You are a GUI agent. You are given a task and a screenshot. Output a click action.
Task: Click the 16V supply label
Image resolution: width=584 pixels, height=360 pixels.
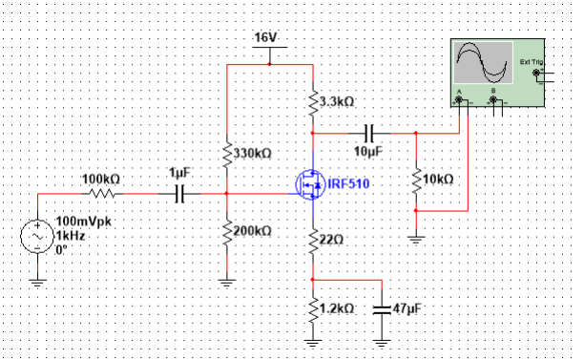(x=265, y=37)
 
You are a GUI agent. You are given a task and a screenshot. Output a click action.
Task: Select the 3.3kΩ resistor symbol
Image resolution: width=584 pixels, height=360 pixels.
(x=313, y=100)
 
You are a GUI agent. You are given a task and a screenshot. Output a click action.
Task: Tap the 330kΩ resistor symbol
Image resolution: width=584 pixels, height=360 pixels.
(x=226, y=153)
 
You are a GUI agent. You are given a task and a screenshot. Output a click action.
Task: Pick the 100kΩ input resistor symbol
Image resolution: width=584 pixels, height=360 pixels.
(x=102, y=193)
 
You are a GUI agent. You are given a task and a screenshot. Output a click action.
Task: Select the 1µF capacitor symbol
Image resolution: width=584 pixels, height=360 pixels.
(x=179, y=193)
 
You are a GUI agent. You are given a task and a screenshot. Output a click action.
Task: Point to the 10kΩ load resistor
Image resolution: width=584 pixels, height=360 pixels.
(x=416, y=179)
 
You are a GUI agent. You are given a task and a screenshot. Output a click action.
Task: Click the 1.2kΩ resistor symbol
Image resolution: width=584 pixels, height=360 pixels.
(x=313, y=307)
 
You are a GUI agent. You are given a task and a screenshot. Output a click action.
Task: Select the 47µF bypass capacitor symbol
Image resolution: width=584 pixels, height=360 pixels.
(x=382, y=308)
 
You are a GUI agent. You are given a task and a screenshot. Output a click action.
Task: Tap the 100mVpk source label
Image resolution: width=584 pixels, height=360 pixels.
(x=74, y=221)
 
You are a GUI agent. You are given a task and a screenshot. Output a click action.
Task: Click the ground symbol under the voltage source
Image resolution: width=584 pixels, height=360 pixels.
(x=36, y=281)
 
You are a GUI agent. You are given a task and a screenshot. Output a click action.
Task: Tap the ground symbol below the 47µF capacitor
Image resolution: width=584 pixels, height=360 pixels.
(x=382, y=341)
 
